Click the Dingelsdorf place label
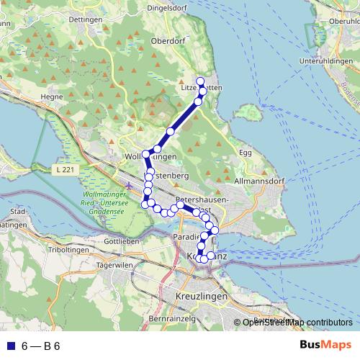coord(168,9)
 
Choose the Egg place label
coord(246,153)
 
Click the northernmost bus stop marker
coord(201,81)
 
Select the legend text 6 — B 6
coord(41,346)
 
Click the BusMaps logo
coord(325,345)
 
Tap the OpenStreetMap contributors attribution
coord(297,322)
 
